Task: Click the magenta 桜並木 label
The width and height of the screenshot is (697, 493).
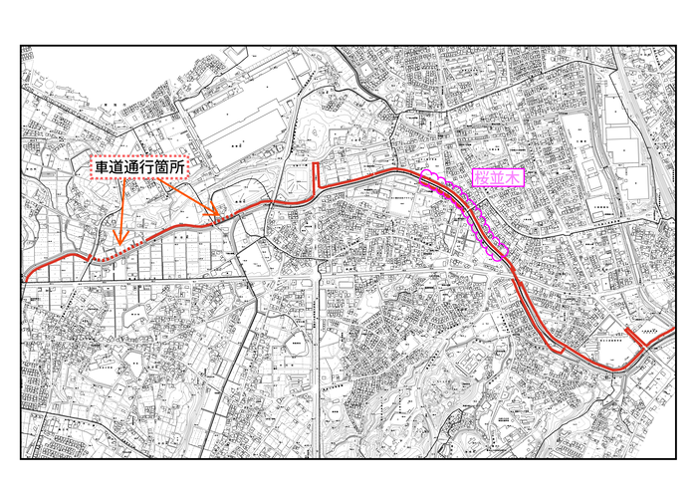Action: coord(497,178)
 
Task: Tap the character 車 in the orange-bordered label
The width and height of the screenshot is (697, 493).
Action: coord(103,166)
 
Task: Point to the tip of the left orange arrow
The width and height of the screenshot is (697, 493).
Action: coord(119,244)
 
